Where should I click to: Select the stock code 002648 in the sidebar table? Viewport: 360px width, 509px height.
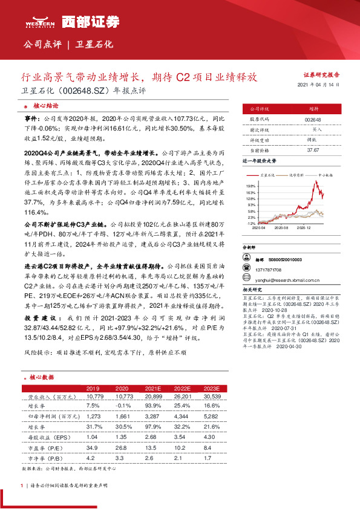[x=313, y=120]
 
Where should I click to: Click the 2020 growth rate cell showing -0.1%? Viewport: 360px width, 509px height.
[x=122, y=406]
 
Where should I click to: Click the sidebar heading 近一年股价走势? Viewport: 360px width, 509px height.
[x=259, y=162]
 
